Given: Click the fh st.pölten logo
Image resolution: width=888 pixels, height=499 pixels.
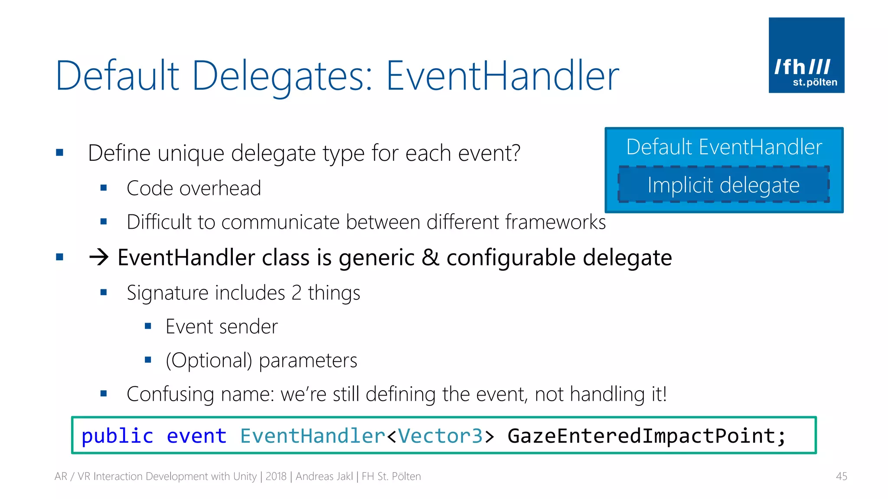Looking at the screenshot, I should tap(806, 55).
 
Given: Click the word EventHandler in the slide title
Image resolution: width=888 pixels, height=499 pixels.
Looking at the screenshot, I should tap(502, 76).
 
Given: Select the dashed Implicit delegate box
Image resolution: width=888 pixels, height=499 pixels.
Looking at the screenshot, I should tap(723, 185).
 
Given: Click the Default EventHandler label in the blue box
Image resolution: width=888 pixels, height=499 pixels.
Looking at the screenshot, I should tap(724, 147).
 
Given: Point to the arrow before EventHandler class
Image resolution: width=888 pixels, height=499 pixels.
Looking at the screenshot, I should tap(99, 257).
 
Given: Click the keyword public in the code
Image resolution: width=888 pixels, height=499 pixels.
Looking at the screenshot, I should tap(117, 436).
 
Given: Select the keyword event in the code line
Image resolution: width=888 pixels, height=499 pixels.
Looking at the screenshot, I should tap(196, 436).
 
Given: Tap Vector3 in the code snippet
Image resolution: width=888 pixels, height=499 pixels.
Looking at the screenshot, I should tap(440, 436).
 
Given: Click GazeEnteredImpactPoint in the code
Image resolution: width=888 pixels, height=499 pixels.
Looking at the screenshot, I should tap(641, 436).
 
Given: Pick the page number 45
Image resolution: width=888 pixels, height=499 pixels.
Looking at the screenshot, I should tap(841, 476).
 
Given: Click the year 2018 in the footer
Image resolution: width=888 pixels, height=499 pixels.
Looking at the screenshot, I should tap(276, 476).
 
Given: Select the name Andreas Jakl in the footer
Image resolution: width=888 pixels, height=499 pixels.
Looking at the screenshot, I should tap(324, 476).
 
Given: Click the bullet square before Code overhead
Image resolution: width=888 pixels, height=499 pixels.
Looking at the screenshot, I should tap(103, 188).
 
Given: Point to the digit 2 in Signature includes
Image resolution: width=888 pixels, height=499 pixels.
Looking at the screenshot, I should tap(296, 293).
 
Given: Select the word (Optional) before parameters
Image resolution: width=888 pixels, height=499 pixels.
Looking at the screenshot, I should tap(209, 360).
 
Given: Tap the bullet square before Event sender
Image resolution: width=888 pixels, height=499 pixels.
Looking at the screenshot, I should tap(148, 326).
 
